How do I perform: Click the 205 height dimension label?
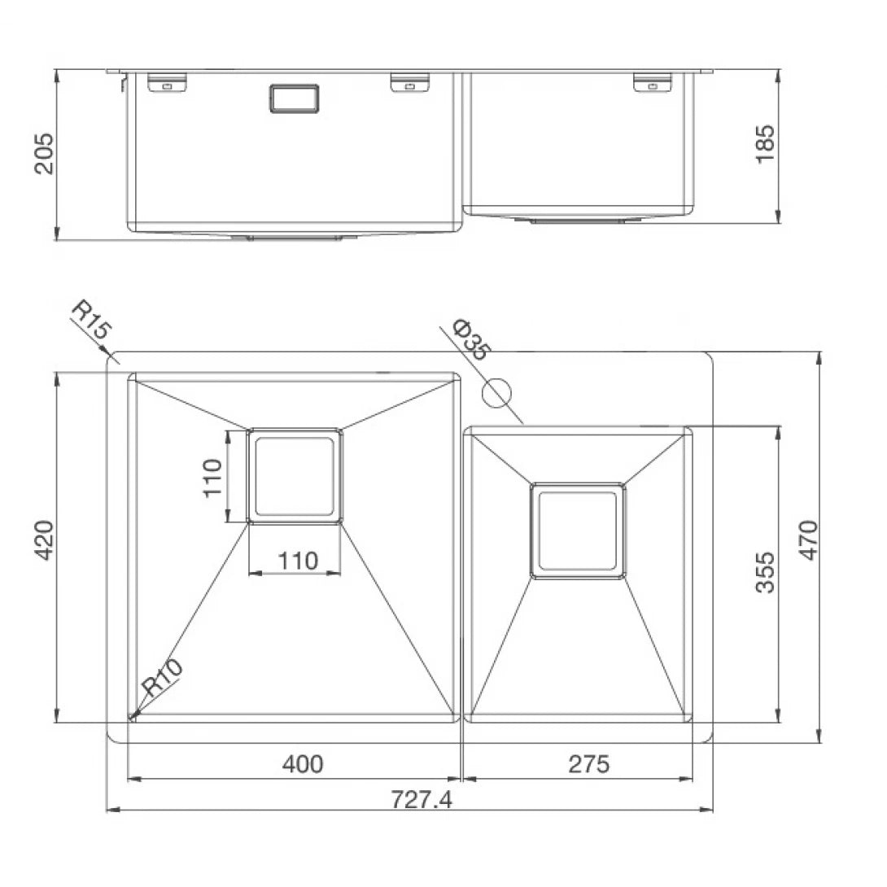click(x=44, y=153)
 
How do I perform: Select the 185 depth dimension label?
click(x=766, y=144)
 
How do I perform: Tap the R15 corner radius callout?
click(x=92, y=321)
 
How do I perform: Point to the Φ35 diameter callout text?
click(x=472, y=340)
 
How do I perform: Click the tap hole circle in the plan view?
click(x=496, y=393)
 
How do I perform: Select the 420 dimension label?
click(x=44, y=540)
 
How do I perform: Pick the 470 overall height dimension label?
click(x=808, y=540)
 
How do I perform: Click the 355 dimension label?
click(x=766, y=572)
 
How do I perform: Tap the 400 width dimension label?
click(x=302, y=764)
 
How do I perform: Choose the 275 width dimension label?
click(x=588, y=764)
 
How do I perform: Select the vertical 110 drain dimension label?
click(x=212, y=478)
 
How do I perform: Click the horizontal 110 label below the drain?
click(x=297, y=561)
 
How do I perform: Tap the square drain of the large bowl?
click(x=295, y=476)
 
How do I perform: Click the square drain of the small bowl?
click(x=578, y=531)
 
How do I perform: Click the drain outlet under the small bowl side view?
click(x=580, y=220)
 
